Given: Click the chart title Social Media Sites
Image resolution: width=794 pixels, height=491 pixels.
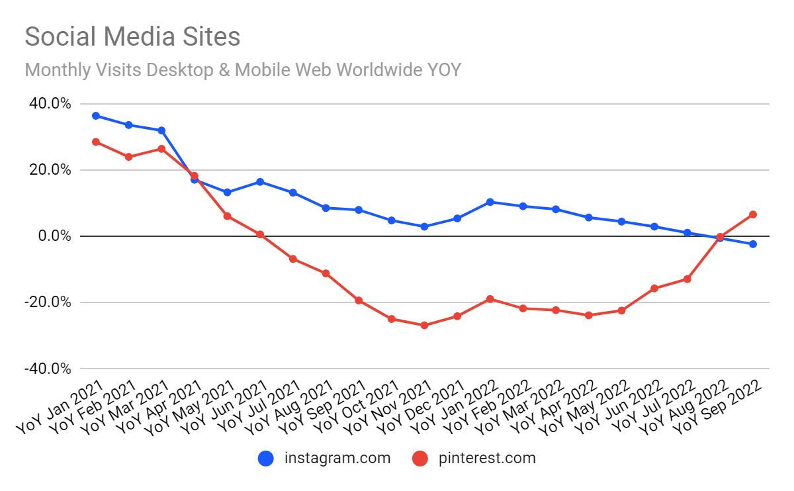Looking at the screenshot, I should pyautogui.click(x=132, y=36).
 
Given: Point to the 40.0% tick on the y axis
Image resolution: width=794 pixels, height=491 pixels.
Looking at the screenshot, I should pyautogui.click(x=48, y=104).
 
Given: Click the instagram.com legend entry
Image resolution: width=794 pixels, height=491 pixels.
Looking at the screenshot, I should pyautogui.click(x=324, y=458).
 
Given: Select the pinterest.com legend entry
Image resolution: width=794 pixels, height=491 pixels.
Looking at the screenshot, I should pyautogui.click(x=474, y=458).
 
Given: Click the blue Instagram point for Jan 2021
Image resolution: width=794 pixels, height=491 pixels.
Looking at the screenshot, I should pyautogui.click(x=96, y=116).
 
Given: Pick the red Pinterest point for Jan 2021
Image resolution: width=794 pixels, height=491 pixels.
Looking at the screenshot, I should pyautogui.click(x=96, y=142).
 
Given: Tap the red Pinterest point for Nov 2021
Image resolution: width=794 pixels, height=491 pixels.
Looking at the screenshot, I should pyautogui.click(x=424, y=326).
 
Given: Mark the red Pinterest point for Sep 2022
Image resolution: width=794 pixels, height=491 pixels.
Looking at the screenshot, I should pyautogui.click(x=753, y=214).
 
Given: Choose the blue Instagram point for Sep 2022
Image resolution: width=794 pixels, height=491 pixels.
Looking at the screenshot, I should pyautogui.click(x=753, y=244).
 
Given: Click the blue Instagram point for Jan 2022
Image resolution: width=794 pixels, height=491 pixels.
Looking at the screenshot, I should pyautogui.click(x=490, y=202).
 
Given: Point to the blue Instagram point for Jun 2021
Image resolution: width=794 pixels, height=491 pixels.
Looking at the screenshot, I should pyautogui.click(x=260, y=182).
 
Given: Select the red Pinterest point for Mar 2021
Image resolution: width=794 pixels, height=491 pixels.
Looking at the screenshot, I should pyautogui.click(x=161, y=149).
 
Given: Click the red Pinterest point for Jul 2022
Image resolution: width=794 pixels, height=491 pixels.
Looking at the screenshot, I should pyautogui.click(x=687, y=279).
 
